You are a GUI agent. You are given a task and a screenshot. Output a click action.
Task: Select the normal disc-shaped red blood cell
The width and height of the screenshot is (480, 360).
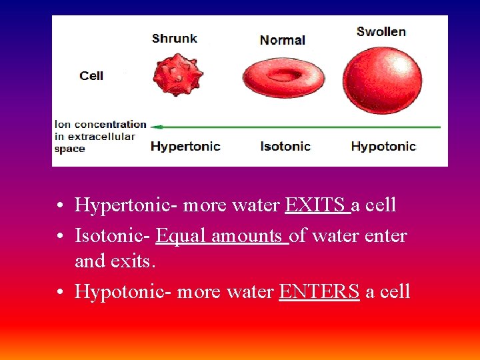click(283, 77)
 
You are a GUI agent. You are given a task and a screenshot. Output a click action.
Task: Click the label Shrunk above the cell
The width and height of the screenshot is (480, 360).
click(175, 38)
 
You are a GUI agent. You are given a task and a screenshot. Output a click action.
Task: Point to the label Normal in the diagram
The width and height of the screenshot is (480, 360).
click(283, 40)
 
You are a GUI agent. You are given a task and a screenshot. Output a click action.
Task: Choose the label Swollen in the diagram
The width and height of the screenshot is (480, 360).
click(381, 31)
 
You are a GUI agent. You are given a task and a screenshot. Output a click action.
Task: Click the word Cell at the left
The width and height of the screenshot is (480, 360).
click(91, 75)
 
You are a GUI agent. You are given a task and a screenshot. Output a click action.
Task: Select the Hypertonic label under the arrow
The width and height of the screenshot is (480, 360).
click(185, 146)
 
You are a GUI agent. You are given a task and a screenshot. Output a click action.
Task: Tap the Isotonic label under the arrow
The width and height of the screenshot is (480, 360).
click(285, 146)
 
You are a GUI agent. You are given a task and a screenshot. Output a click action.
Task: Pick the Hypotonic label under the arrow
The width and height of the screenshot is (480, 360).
click(383, 146)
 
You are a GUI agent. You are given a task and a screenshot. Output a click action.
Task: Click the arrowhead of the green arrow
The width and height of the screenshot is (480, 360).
click(155, 125)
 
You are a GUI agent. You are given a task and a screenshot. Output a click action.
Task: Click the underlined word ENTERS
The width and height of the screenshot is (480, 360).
click(319, 291)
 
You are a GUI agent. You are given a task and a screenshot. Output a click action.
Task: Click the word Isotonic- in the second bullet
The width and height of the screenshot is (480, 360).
click(113, 235)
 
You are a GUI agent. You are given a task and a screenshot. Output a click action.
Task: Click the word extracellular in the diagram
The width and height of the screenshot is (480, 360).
click(95, 137)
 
